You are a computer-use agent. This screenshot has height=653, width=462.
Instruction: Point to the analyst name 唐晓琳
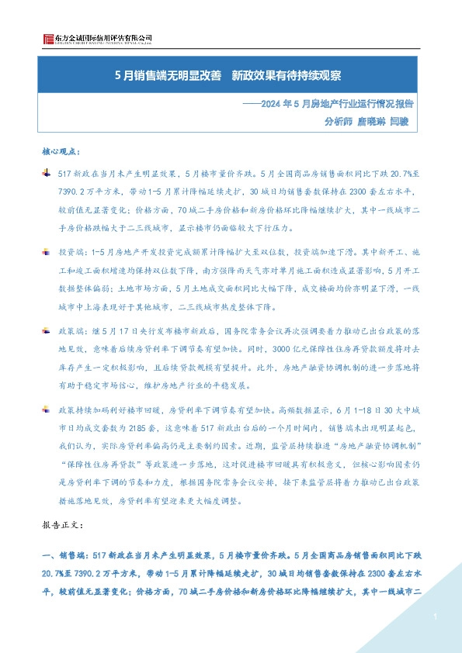point(370,121)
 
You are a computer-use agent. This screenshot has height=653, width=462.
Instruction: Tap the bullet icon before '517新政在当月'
point(47,172)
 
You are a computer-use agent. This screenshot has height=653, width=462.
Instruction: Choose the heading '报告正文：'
point(60,525)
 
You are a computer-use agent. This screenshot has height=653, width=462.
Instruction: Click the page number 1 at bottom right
point(437,616)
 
